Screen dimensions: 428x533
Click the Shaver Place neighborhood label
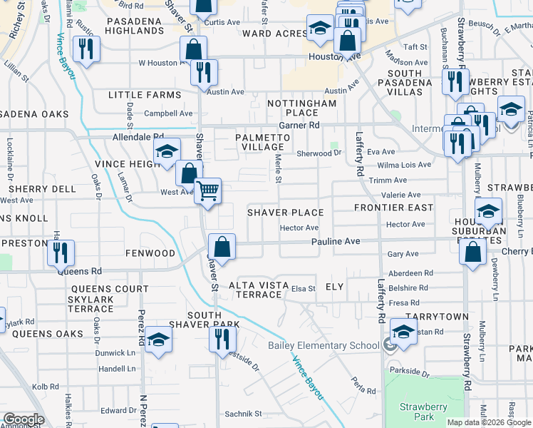[x=285, y=213]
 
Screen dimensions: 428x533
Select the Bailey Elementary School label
[x=324, y=346]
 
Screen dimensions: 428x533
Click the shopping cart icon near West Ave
[x=207, y=190]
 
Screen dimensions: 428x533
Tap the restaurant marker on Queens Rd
[x=61, y=252]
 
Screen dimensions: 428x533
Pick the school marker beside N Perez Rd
[x=158, y=339]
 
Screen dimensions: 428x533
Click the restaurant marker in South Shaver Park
[x=221, y=338]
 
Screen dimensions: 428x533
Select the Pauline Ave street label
[x=335, y=242]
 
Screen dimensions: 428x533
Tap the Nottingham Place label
[x=301, y=108]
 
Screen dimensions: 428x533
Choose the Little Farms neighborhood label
[x=145, y=95]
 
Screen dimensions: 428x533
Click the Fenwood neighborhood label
[x=150, y=253]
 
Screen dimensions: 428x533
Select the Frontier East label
[x=393, y=208]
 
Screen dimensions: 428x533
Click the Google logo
[x=23, y=419]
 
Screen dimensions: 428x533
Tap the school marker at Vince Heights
[x=167, y=151]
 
